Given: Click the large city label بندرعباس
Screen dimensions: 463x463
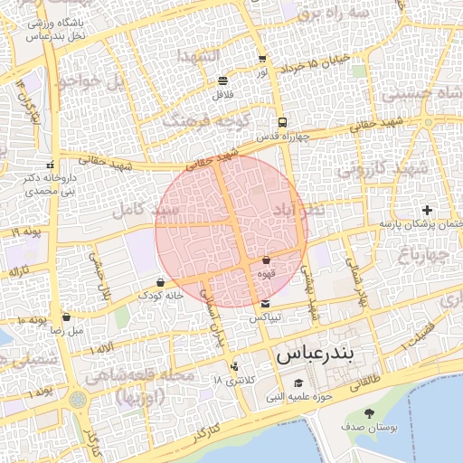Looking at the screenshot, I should coord(317,354).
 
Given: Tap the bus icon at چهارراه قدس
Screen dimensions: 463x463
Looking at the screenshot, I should coord(283,122).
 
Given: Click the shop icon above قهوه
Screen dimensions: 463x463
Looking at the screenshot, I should coord(266,260).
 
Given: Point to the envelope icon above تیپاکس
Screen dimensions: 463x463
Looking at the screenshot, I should coord(264,304).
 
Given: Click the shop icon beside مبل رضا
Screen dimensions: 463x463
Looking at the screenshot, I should coord(67,317).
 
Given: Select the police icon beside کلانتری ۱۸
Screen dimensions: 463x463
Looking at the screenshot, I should coord(235,366).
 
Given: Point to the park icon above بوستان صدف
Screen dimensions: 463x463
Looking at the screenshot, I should coord(369,412).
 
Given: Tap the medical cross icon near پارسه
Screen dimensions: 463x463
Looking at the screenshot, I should coord(428,210).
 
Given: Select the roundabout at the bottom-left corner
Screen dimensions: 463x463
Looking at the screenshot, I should coord(77,398).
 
